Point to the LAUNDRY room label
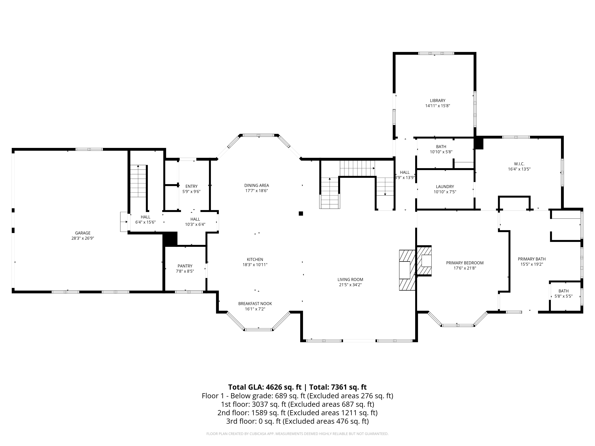[445, 187]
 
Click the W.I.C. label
[519, 164]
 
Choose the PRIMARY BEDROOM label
[465, 263]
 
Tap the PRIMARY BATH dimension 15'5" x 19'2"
[532, 264]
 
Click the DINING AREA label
[257, 186]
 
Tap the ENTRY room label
[192, 186]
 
